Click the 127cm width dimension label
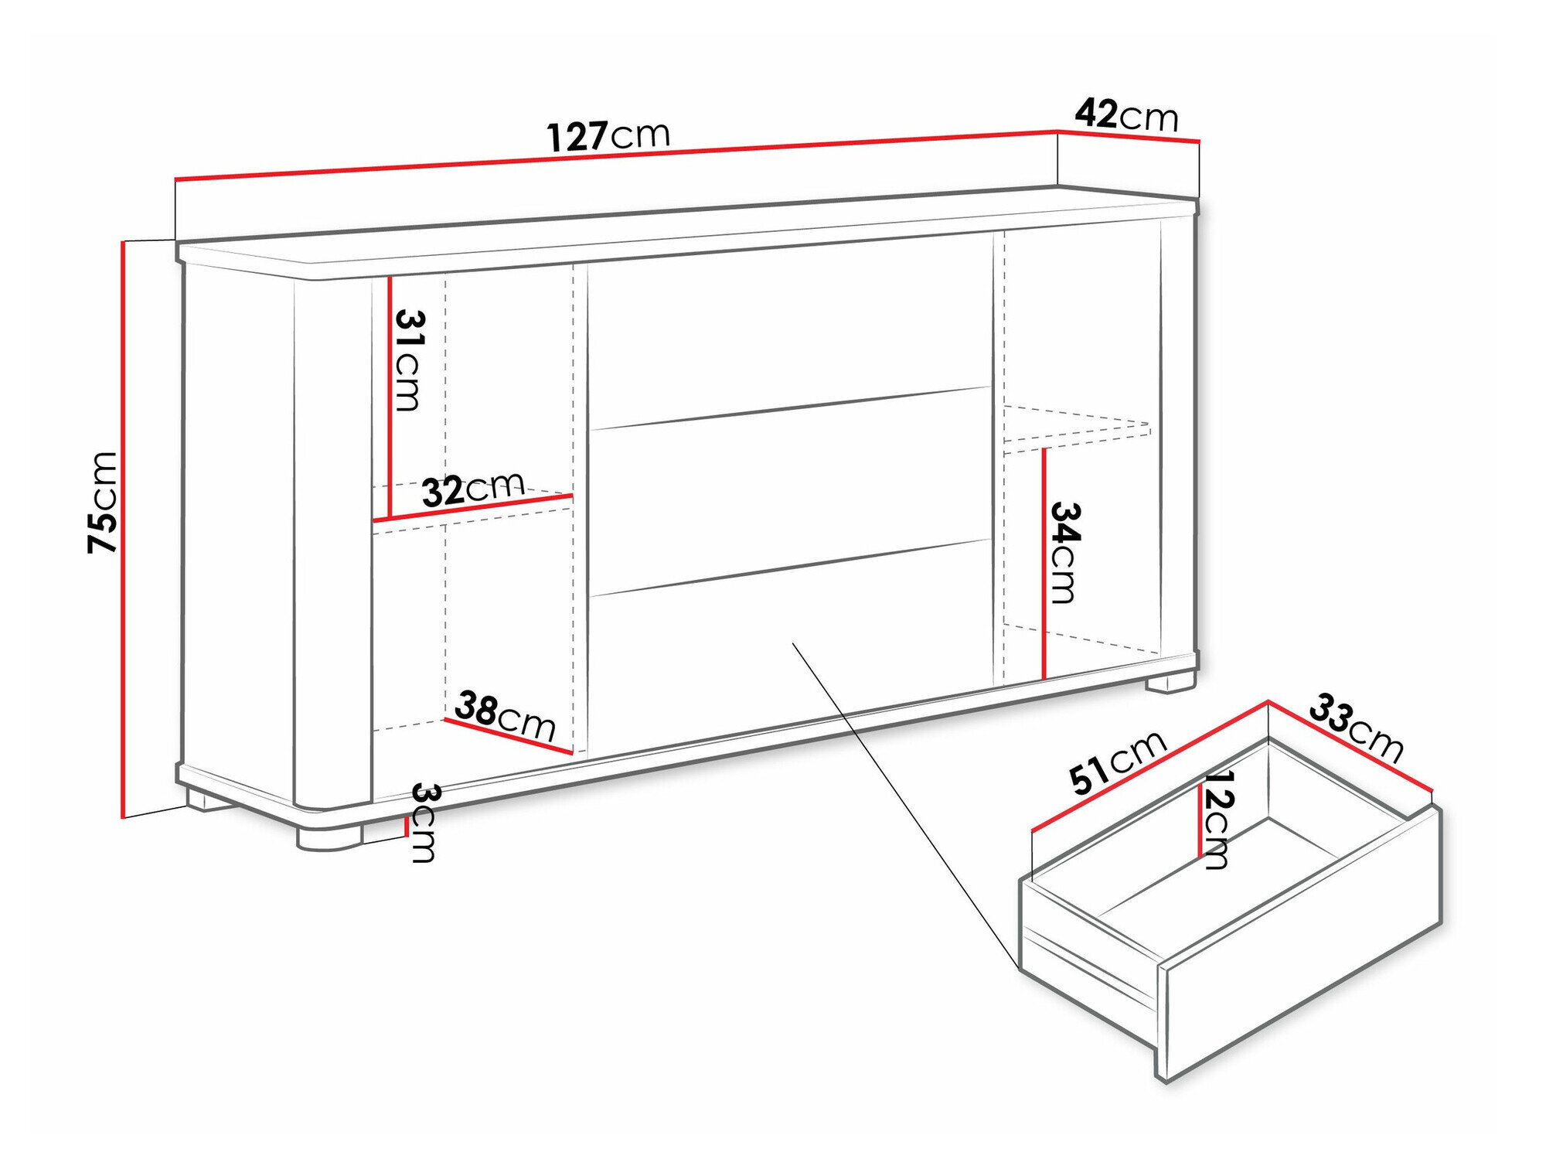608,135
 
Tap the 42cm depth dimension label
1126,115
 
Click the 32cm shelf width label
473,489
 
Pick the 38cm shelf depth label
505,716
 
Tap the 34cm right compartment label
1064,552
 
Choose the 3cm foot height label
424,822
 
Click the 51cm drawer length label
1117,762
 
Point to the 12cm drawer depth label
1218,820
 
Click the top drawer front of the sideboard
789,329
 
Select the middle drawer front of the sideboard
789,491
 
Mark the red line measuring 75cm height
123,530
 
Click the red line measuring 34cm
1043,564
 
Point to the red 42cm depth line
1128,136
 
